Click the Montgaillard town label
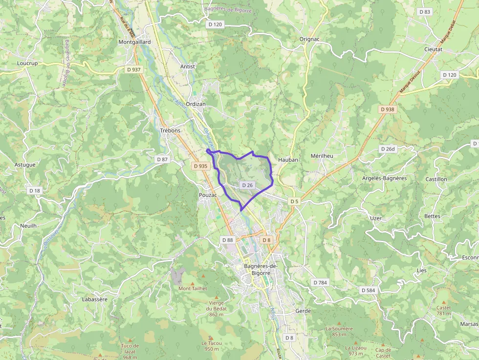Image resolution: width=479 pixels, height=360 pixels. point(134,42)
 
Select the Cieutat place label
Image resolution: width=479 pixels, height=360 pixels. point(433,49)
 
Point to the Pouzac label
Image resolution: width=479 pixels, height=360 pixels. point(207,195)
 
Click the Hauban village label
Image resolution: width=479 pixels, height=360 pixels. point(288,160)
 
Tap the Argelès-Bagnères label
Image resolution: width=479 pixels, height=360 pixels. point(385,178)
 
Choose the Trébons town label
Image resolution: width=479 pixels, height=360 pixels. point(170,130)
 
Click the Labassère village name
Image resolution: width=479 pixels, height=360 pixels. point(95,299)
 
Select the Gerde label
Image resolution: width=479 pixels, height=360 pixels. point(303,311)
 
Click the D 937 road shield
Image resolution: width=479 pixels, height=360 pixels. point(133,70)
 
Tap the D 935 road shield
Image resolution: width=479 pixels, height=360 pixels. point(200,166)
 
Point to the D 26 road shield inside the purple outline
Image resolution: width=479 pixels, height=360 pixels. point(247,185)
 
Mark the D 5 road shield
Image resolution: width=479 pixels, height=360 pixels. point(294,201)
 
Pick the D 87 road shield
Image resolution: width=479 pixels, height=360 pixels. point(162,160)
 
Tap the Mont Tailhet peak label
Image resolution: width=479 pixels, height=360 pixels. point(193,288)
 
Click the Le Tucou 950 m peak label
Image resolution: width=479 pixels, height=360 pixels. point(211,346)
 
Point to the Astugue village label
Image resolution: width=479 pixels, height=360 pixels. point(25,165)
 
